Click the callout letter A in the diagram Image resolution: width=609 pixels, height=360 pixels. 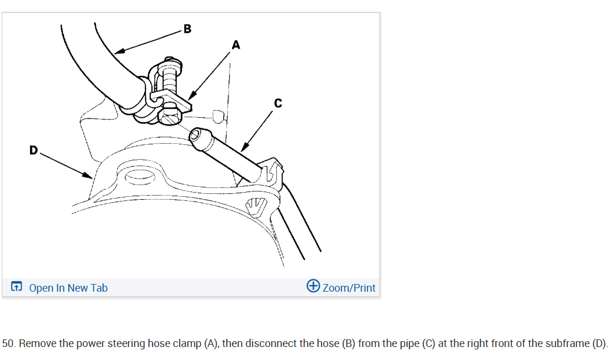(x=236, y=44)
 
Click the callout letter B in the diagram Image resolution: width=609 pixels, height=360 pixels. (x=187, y=28)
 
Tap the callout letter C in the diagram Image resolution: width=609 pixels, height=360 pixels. (x=278, y=104)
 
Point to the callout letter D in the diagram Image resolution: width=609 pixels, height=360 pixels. (x=34, y=150)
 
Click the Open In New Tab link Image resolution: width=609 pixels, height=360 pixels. (x=68, y=288)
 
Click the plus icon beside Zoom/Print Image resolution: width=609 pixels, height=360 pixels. (x=313, y=286)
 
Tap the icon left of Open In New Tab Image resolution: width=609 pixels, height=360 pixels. (x=17, y=288)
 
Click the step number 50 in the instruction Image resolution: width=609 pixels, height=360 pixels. (x=8, y=343)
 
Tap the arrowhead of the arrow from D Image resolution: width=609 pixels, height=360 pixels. (x=89, y=175)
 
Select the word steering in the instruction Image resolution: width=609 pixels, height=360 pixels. (x=127, y=343)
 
